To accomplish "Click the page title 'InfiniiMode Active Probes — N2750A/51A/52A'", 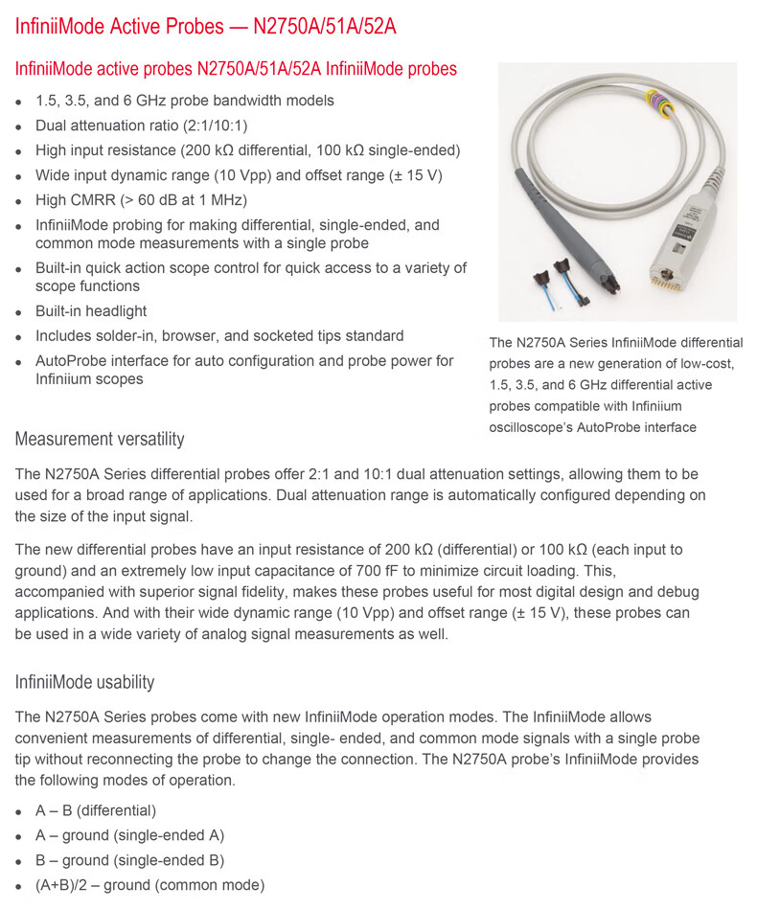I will click(x=205, y=26).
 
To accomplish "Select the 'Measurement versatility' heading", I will click(x=100, y=440).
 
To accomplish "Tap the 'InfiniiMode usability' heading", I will click(x=84, y=682).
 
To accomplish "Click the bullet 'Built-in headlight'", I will click(x=91, y=311).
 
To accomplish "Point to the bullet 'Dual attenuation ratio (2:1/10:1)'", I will click(x=142, y=125).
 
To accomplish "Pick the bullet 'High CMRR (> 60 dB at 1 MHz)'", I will click(x=141, y=200).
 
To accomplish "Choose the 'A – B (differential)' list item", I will click(x=95, y=810).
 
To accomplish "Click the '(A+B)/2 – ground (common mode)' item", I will click(x=149, y=885).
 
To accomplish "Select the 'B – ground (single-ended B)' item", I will click(x=129, y=860).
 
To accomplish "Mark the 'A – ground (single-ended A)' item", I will click(x=129, y=835).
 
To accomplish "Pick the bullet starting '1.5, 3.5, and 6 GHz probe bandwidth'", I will click(x=185, y=101).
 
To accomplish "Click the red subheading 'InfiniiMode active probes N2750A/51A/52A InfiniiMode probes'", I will click(x=236, y=69).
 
